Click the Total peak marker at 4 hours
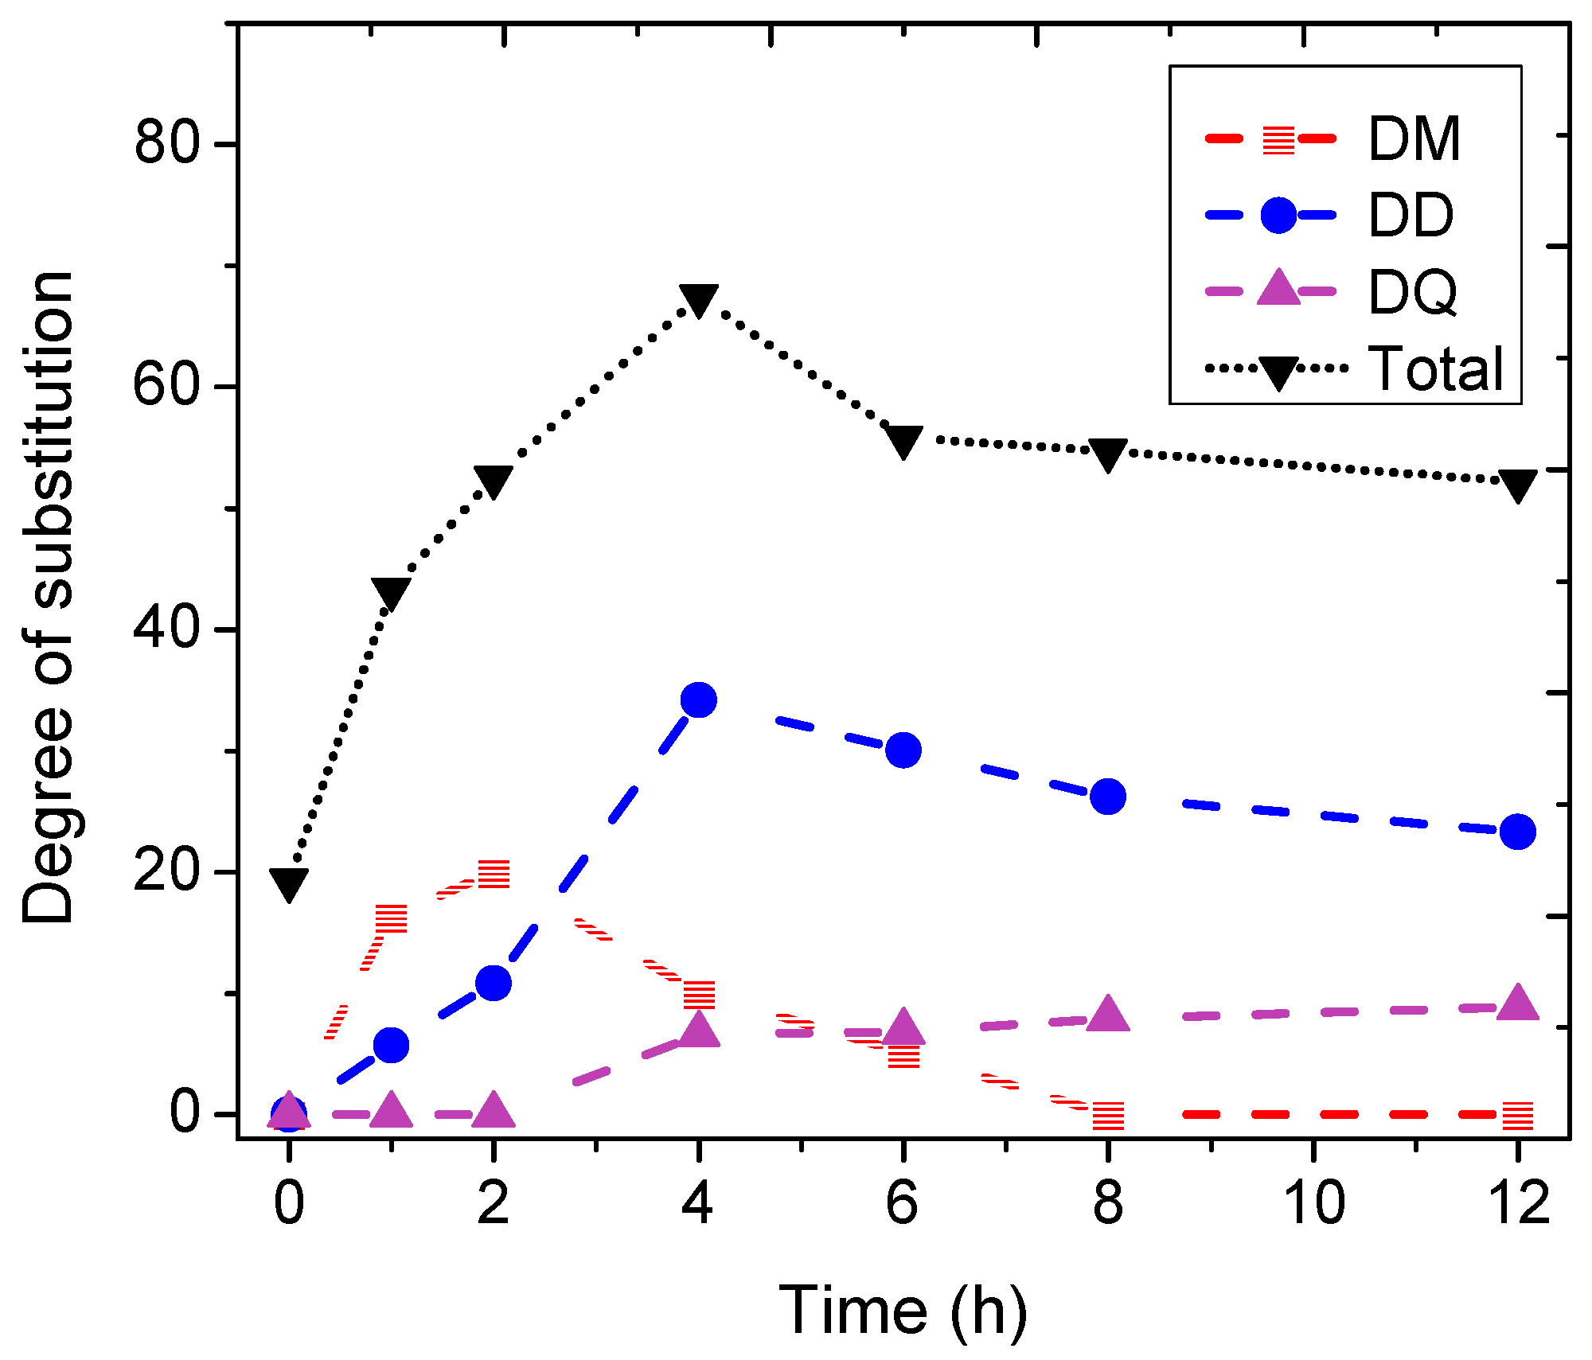(698, 299)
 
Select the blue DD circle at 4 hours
(698, 700)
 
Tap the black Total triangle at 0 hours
(289, 883)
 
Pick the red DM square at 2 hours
(494, 874)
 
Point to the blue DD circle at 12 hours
(1517, 832)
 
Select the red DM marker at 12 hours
(1517, 1116)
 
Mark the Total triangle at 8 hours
(1108, 454)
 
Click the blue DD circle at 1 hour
(391, 1045)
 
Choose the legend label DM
(1414, 139)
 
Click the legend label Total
(1435, 368)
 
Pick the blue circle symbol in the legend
(1278, 216)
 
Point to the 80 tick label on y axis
(166, 145)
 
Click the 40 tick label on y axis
(166, 629)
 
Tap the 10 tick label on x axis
(1313, 1202)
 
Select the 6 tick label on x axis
(903, 1202)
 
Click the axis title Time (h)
(903, 1310)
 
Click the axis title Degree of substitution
(48, 597)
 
